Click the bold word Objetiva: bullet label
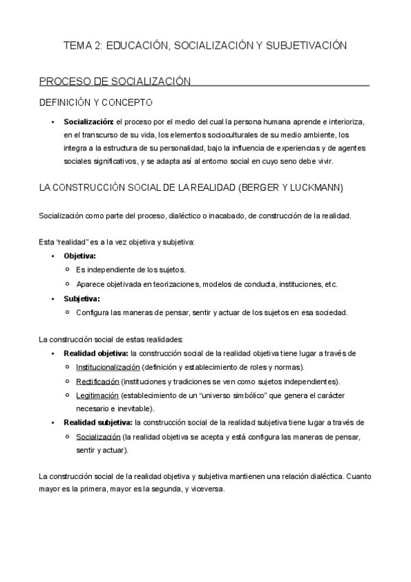coord(80,256)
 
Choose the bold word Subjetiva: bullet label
coord(82,299)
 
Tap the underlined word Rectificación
coord(97,381)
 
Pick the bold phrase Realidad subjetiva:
coord(97,423)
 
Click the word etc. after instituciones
coord(330,284)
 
